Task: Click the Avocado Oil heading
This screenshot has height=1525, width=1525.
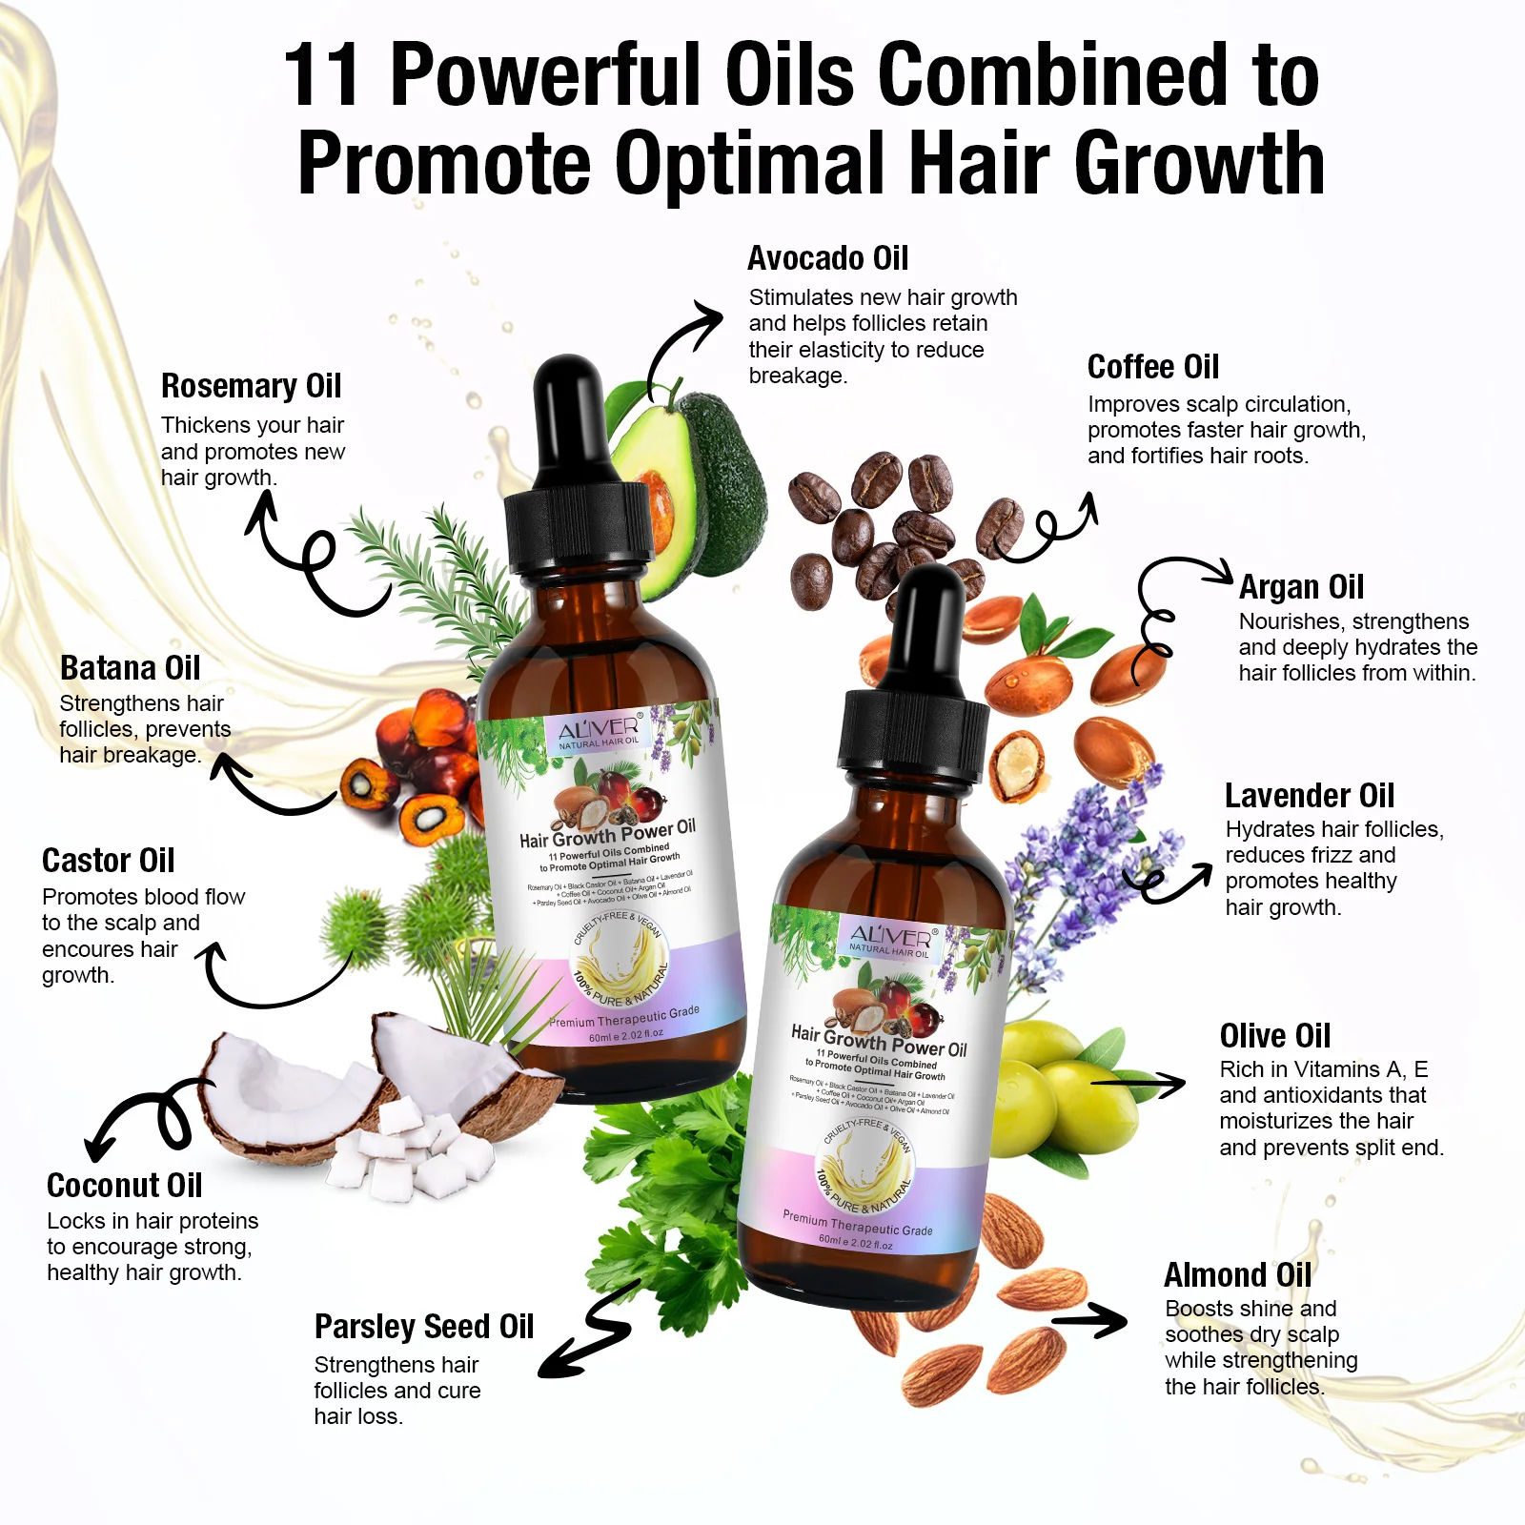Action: click(x=827, y=258)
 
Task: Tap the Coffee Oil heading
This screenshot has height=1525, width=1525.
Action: click(x=1152, y=367)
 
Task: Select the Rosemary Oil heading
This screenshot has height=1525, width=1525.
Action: click(x=251, y=386)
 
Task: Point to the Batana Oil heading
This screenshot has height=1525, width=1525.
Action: click(x=130, y=668)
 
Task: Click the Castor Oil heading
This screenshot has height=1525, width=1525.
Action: click(x=108, y=861)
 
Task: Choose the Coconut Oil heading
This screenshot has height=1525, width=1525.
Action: click(x=124, y=1186)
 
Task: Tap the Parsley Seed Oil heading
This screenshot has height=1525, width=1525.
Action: click(x=423, y=1327)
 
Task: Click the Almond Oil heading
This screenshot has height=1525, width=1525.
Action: click(x=1237, y=1275)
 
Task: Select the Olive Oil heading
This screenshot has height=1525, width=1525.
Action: click(x=1274, y=1036)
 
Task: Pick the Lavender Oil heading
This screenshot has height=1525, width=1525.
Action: click(x=1309, y=796)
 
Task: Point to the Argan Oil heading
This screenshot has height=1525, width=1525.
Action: click(x=1301, y=587)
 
